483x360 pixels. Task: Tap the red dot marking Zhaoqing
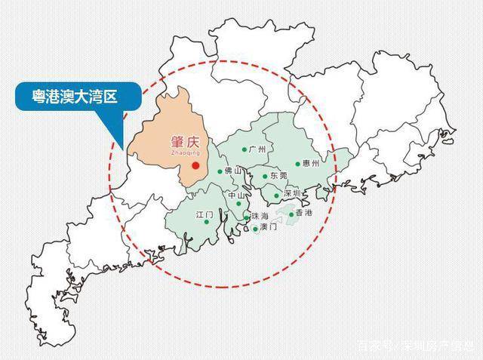195,165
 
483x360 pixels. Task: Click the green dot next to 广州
244,149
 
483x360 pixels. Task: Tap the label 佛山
234,171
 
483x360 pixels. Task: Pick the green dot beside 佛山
220,172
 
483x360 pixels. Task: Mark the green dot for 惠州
297,163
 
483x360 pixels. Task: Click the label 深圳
292,194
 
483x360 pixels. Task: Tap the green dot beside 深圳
277,195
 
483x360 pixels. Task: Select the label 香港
305,214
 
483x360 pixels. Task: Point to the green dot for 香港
291,214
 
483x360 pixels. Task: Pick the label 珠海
261,217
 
